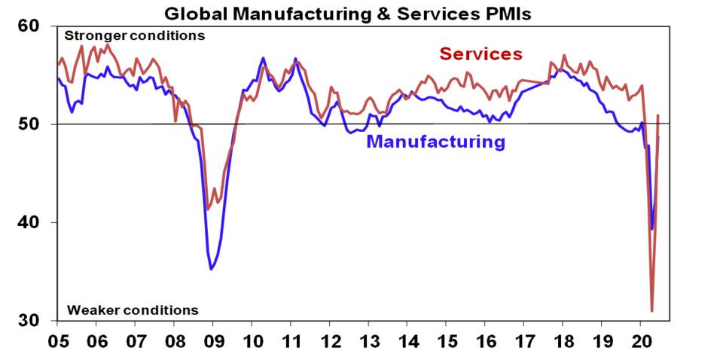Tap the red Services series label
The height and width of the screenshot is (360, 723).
(x=480, y=54)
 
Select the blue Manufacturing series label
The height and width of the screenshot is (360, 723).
(x=435, y=142)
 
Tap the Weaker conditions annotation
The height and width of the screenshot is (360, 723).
(x=133, y=310)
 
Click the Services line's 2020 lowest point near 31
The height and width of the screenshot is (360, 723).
(x=652, y=310)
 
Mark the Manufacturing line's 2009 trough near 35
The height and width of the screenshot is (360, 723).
(x=212, y=269)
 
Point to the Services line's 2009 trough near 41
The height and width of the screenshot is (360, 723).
(x=208, y=209)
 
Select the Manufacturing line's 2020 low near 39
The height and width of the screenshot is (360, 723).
(x=651, y=229)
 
